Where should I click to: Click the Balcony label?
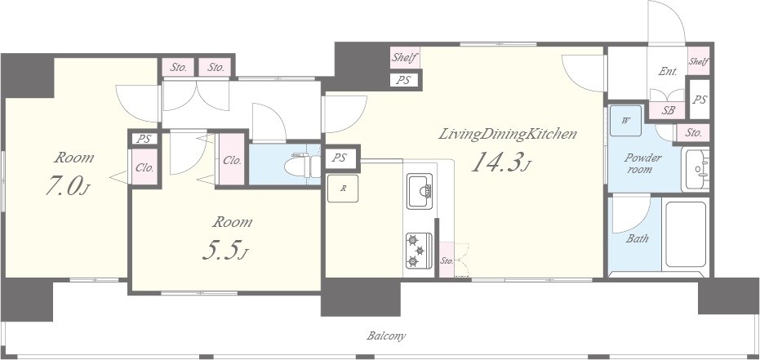(x=386, y=336)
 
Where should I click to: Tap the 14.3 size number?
(x=500, y=163)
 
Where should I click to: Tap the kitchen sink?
(x=420, y=191)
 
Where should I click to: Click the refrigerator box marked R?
(x=343, y=189)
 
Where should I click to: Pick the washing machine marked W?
(x=625, y=121)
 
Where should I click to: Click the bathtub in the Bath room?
(x=686, y=234)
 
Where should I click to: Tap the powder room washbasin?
(x=696, y=169)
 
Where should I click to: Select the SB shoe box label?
(x=668, y=110)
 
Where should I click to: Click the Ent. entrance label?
(x=668, y=71)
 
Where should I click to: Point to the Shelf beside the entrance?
(x=699, y=61)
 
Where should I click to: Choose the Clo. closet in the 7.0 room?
(x=144, y=167)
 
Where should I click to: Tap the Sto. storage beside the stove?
(x=447, y=260)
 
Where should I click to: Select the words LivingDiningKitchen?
(x=508, y=134)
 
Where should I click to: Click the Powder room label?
(x=643, y=163)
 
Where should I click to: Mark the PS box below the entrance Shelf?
(x=699, y=100)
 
